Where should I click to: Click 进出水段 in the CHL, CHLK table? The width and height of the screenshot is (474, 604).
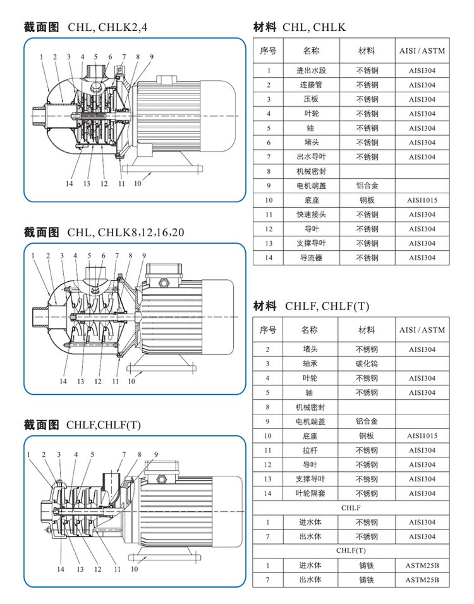pyautogui.click(x=311, y=71)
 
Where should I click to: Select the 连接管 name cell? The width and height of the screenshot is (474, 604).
pyautogui.click(x=311, y=85)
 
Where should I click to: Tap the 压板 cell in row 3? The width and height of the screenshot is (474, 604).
pyautogui.click(x=311, y=100)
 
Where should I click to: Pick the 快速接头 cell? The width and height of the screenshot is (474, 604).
pyautogui.click(x=311, y=215)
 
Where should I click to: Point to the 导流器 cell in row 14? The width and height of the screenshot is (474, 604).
pyautogui.click(x=311, y=258)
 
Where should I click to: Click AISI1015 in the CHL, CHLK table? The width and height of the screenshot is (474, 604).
pyautogui.click(x=422, y=200)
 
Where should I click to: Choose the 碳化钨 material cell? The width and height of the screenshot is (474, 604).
pyautogui.click(x=367, y=364)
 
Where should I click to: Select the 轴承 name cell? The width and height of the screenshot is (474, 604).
pyautogui.click(x=310, y=364)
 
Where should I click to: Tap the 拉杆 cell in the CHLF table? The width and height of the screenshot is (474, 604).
pyautogui.click(x=310, y=450)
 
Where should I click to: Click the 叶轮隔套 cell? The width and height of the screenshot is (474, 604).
pyautogui.click(x=310, y=493)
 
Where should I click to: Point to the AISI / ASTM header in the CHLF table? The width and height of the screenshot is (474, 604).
pyautogui.click(x=422, y=330)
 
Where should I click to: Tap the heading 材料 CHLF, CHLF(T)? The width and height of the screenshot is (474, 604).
pyautogui.click(x=311, y=306)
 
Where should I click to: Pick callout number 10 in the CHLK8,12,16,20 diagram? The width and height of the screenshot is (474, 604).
pyautogui.click(x=131, y=381)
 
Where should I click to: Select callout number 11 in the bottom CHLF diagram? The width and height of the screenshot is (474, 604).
pyautogui.click(x=117, y=569)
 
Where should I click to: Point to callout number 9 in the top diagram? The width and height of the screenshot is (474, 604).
pyautogui.click(x=152, y=57)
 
